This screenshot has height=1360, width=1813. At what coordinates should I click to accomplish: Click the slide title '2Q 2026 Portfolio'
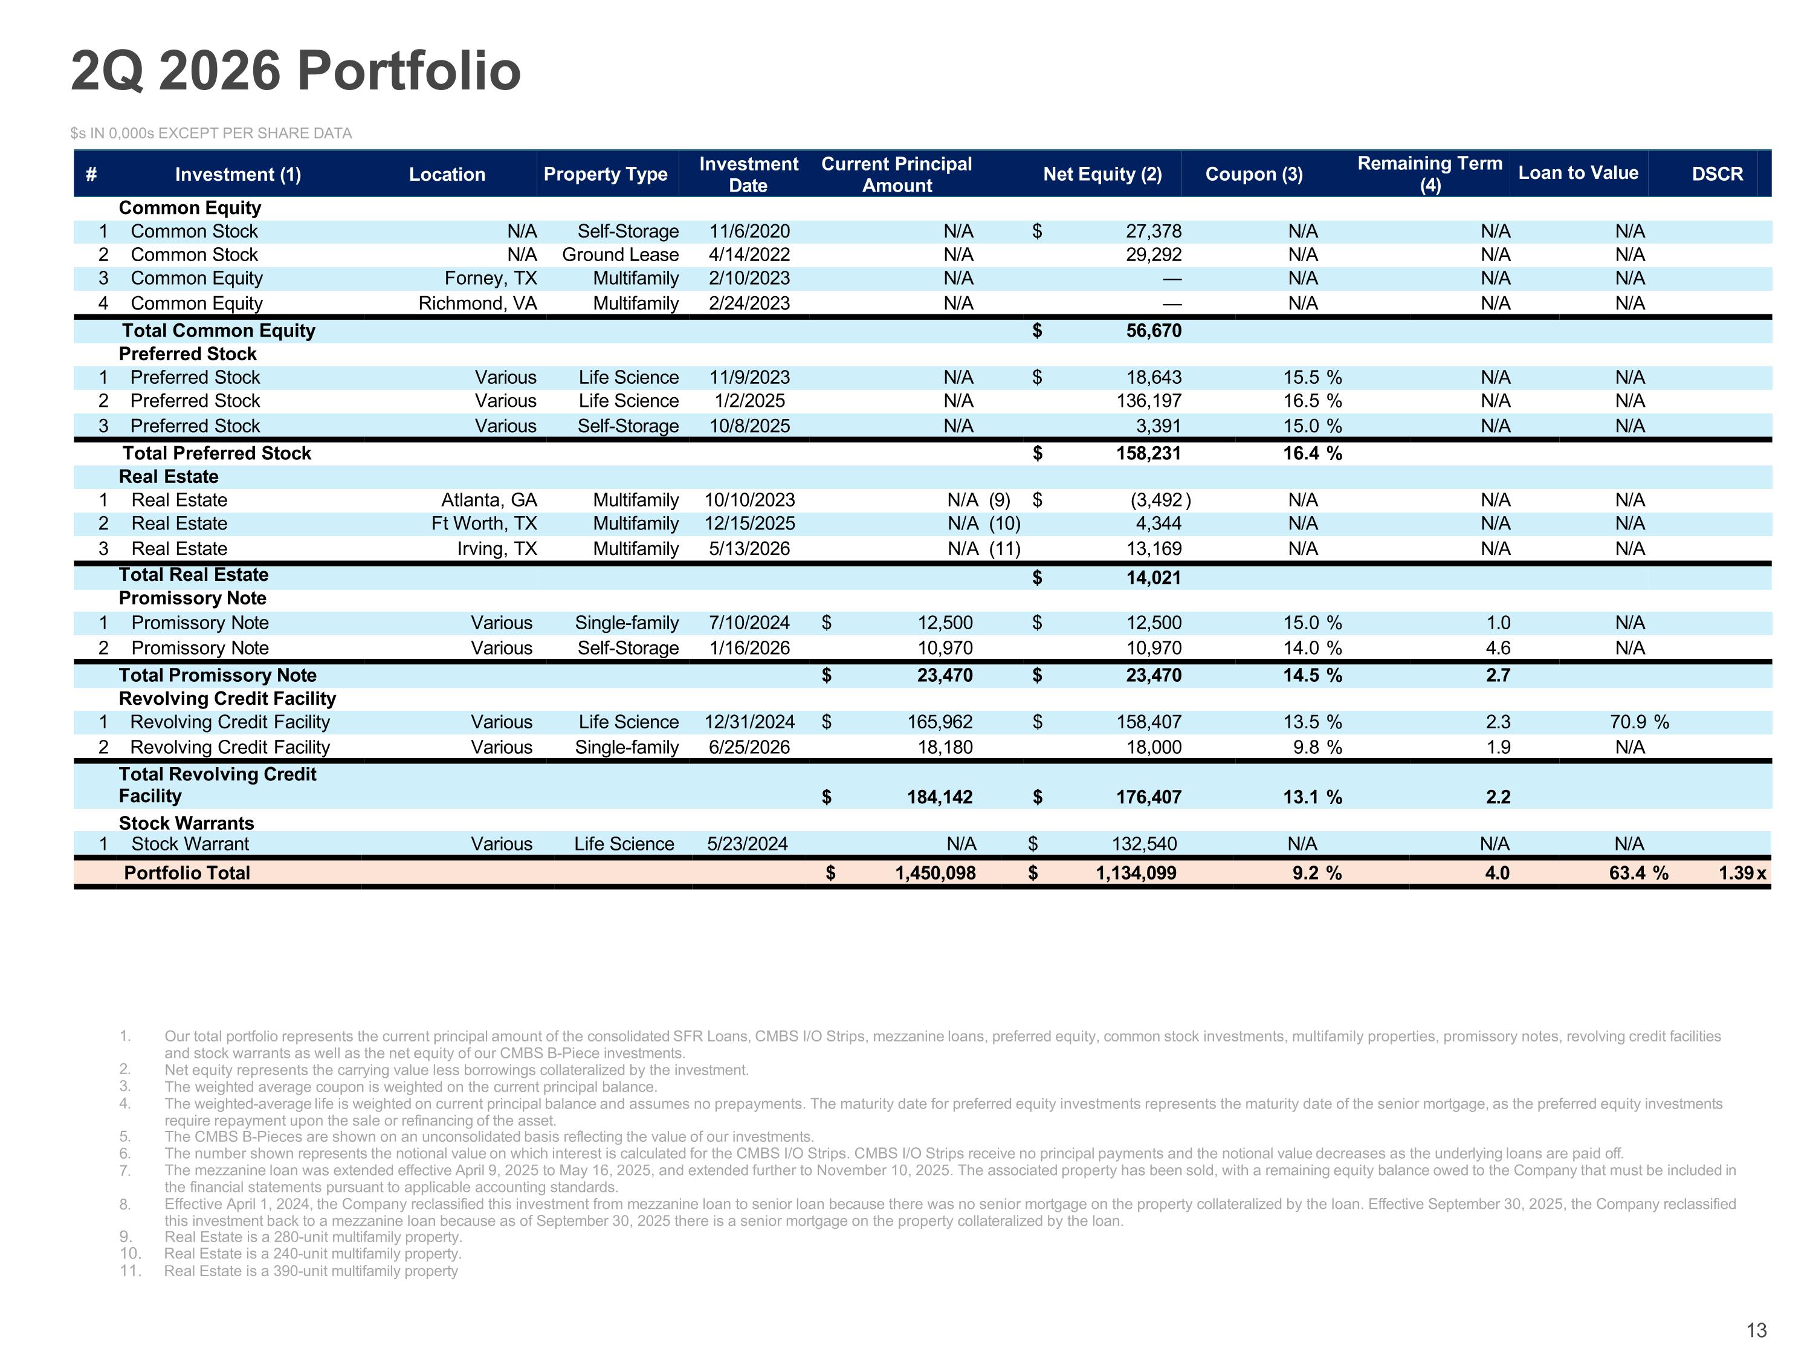[296, 71]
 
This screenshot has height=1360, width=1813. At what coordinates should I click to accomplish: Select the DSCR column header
[1717, 174]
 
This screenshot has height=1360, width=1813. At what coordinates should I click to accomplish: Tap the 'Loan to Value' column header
[1578, 173]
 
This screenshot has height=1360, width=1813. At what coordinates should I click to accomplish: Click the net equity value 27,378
[1153, 231]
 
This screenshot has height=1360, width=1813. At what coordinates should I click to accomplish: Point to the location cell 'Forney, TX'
[490, 279]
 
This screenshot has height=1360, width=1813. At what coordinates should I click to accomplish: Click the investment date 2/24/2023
[749, 303]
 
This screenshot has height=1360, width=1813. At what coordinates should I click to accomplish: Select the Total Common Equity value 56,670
[1153, 331]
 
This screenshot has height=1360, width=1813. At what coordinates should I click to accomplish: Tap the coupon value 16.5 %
[1312, 401]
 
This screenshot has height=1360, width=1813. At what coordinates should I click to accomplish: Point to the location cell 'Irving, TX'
[497, 548]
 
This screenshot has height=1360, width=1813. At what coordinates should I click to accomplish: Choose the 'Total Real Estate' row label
[193, 575]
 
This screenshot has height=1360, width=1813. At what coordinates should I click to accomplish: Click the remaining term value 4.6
[1498, 647]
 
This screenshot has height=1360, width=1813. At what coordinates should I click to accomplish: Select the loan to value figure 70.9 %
[1638, 722]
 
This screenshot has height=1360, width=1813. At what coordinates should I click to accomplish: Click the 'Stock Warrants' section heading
[186, 823]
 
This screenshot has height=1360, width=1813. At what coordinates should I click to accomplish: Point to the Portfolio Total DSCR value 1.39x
[1742, 873]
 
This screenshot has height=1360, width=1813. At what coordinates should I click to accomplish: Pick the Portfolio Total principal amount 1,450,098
[935, 873]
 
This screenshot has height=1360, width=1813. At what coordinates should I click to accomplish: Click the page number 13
[1756, 1330]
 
